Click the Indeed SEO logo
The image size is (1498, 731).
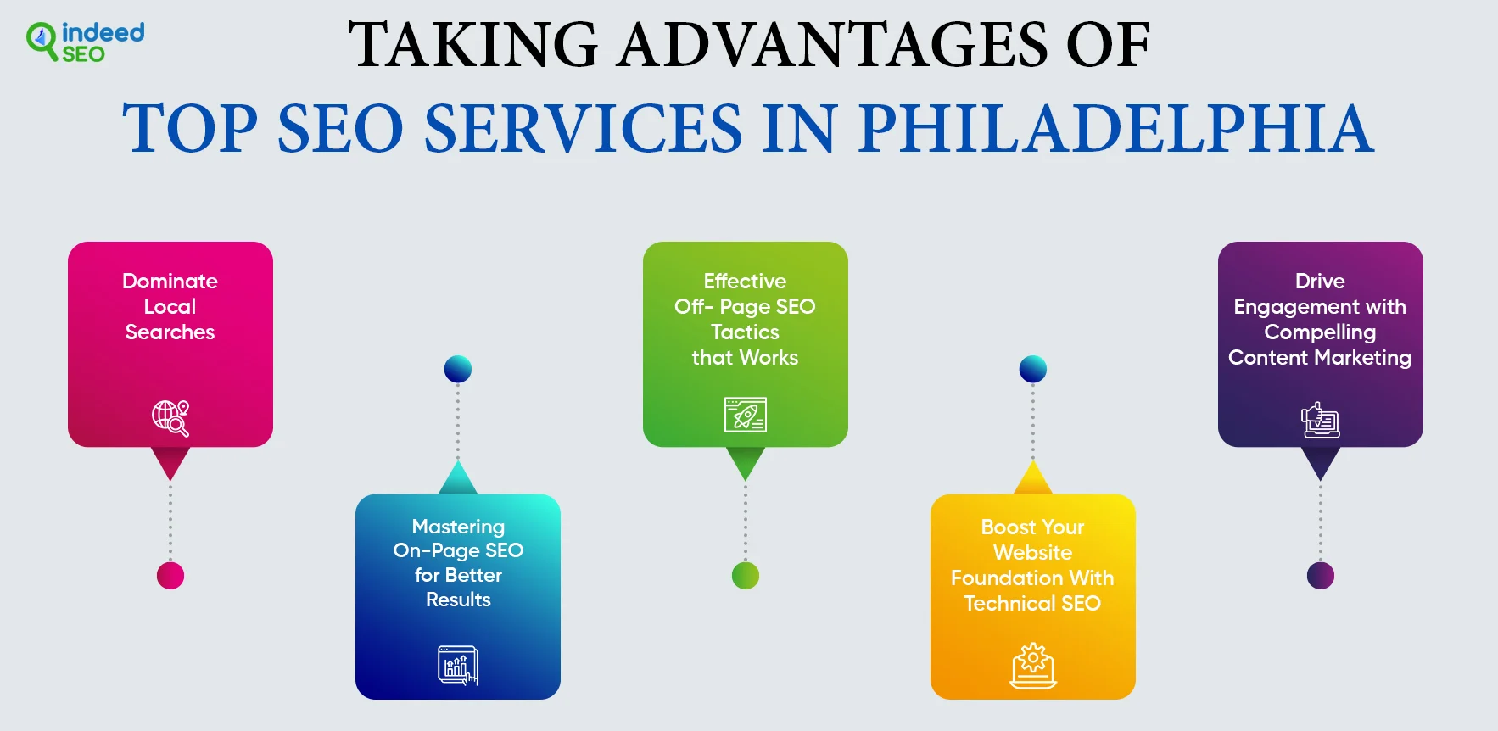click(85, 42)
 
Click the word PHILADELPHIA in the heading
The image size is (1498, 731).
click(1115, 128)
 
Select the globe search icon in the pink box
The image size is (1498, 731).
click(170, 418)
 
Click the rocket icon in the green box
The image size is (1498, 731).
click(746, 415)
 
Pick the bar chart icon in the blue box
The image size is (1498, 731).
click(458, 665)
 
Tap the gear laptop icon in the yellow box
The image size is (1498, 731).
click(1033, 666)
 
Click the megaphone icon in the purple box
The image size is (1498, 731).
click(1320, 420)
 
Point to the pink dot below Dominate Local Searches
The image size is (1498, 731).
click(170, 576)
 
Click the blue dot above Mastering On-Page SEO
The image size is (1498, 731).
click(458, 369)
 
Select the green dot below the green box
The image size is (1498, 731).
click(746, 576)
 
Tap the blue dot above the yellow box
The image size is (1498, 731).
click(1033, 369)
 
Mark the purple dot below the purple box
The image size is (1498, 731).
click(1321, 576)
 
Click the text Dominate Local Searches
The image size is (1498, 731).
click(170, 306)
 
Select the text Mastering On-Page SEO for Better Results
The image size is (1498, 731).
click(458, 563)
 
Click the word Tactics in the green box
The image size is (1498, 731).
click(745, 332)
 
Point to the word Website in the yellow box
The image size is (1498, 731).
click(1033, 552)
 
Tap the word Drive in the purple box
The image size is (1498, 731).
click(1320, 281)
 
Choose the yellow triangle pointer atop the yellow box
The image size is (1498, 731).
click(1033, 477)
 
